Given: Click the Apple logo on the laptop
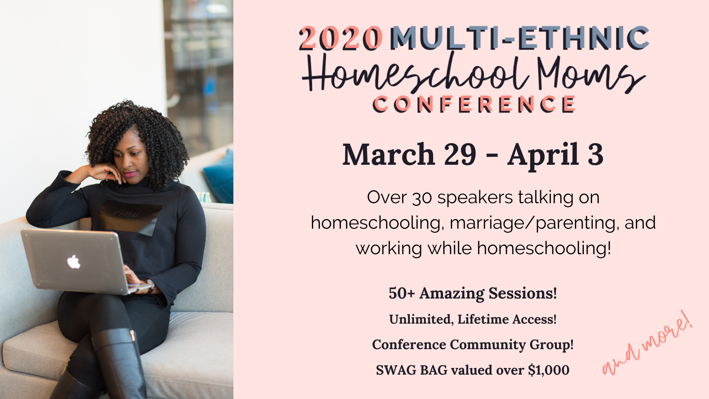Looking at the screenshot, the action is coord(73,262).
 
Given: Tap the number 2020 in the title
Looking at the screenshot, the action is coord(340,38).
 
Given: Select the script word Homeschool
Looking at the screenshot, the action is coord(415,72).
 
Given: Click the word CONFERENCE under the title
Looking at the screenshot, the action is coord(474,104).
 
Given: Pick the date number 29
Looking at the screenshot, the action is coord(460,154).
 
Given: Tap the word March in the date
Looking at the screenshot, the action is coord(388,154).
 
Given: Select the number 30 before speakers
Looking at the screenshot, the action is coord(422,198).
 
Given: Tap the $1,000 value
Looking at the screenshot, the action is coord(549,370).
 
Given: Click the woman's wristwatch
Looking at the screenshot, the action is coord(150,286).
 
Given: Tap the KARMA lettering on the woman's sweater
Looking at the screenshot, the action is coord(127,215).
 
